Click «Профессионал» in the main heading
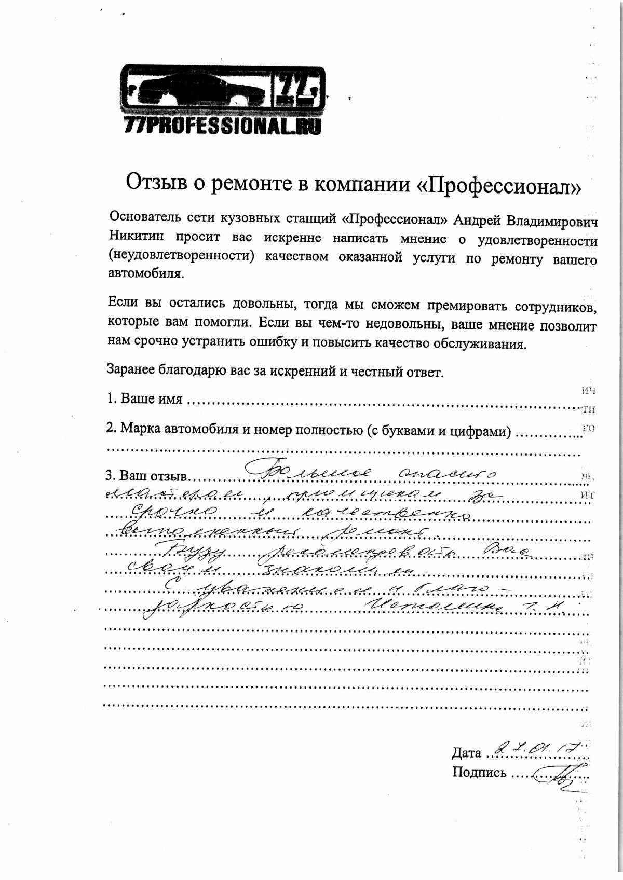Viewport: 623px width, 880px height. tap(499, 185)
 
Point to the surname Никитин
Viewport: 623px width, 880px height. tap(136, 237)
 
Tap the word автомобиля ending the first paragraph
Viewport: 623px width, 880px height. tap(146, 274)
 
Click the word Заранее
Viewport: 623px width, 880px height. tap(130, 369)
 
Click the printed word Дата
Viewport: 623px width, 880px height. tap(466, 752)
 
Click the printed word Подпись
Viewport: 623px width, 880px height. tap(479, 772)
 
